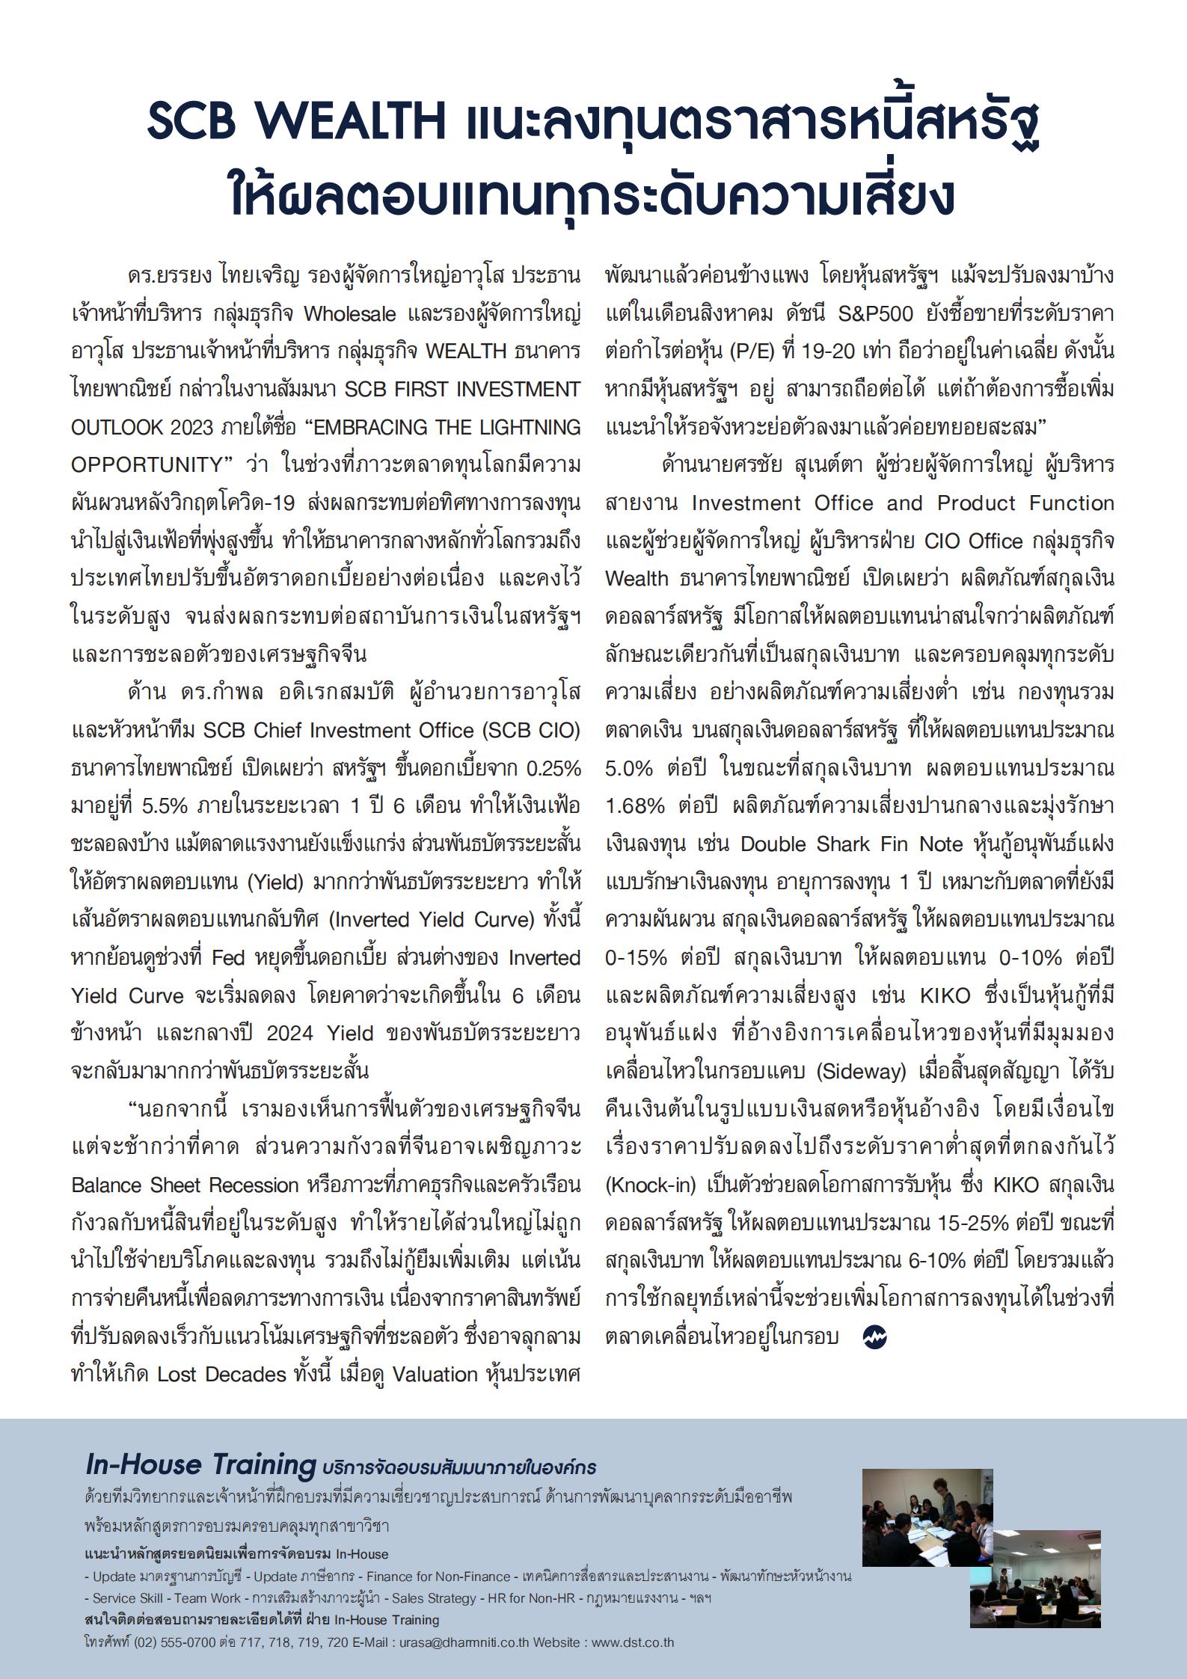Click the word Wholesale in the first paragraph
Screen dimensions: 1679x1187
(x=349, y=313)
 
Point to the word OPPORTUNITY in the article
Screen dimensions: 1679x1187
(x=147, y=464)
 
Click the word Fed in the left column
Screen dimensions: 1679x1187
(x=228, y=957)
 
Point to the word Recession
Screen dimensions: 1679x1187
(x=254, y=1185)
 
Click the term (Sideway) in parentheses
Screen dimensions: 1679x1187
(x=860, y=1071)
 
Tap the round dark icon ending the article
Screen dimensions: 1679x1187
(x=874, y=1337)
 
